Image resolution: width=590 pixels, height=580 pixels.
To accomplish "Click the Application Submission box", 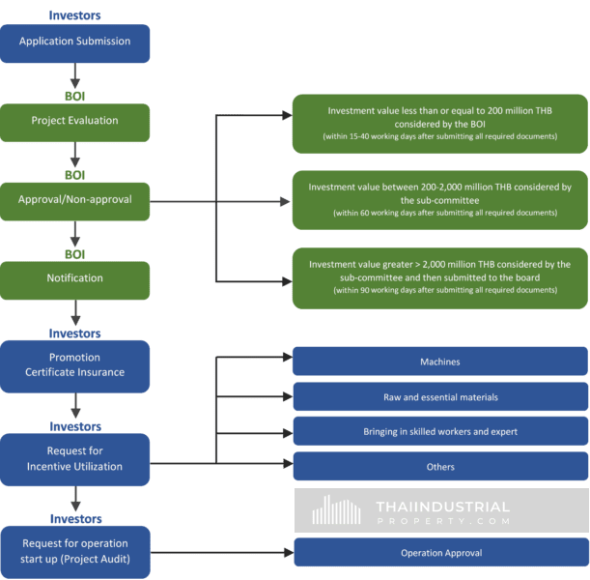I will point(75,42).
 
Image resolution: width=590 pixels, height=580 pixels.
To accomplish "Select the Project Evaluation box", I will point(75,121).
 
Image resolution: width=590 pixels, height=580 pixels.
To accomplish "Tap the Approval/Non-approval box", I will point(75,200).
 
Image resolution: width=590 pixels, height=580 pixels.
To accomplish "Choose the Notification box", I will point(75,278).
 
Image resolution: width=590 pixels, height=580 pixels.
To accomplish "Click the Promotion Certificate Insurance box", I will point(75,365).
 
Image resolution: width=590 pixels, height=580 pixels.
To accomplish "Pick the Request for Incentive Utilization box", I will point(75,459).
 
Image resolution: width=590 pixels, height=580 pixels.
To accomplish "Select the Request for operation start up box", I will point(75,552).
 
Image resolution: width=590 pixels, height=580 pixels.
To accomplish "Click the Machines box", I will point(439,362).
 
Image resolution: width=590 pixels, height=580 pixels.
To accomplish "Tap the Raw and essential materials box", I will point(439,397).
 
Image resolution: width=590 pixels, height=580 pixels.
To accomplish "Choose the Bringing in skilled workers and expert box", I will point(439,432).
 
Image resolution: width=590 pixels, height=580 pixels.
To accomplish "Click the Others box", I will point(439,467).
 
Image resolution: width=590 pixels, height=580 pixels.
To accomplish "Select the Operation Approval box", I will point(439,553).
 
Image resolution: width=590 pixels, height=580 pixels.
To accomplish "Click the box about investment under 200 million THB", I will point(439,124).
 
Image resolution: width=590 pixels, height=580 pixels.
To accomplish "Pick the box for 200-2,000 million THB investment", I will point(439,200).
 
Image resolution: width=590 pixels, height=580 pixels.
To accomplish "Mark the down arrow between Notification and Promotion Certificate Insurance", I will point(75,316).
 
